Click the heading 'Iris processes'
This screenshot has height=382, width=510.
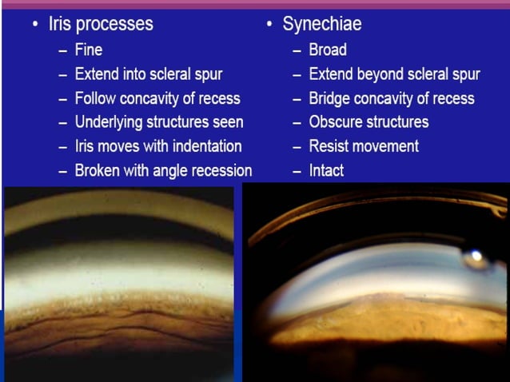(x=101, y=24)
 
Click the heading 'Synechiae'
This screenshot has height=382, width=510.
(x=321, y=24)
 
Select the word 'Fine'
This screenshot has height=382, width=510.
(x=89, y=50)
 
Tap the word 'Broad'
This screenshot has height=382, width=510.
(x=328, y=50)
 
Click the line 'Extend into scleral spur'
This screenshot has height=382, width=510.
(x=149, y=74)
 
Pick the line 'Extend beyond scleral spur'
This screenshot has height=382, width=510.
(x=394, y=74)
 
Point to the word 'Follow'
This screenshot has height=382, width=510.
(x=96, y=98)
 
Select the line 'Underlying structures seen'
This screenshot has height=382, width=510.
(x=159, y=122)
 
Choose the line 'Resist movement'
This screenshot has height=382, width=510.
(x=364, y=146)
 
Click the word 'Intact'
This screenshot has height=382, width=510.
(x=327, y=171)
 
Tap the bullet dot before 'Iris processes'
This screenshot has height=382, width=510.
(x=35, y=25)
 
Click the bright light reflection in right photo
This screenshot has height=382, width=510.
(x=476, y=257)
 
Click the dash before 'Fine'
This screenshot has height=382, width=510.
(x=63, y=50)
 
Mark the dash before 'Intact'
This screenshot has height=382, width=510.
(x=297, y=171)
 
